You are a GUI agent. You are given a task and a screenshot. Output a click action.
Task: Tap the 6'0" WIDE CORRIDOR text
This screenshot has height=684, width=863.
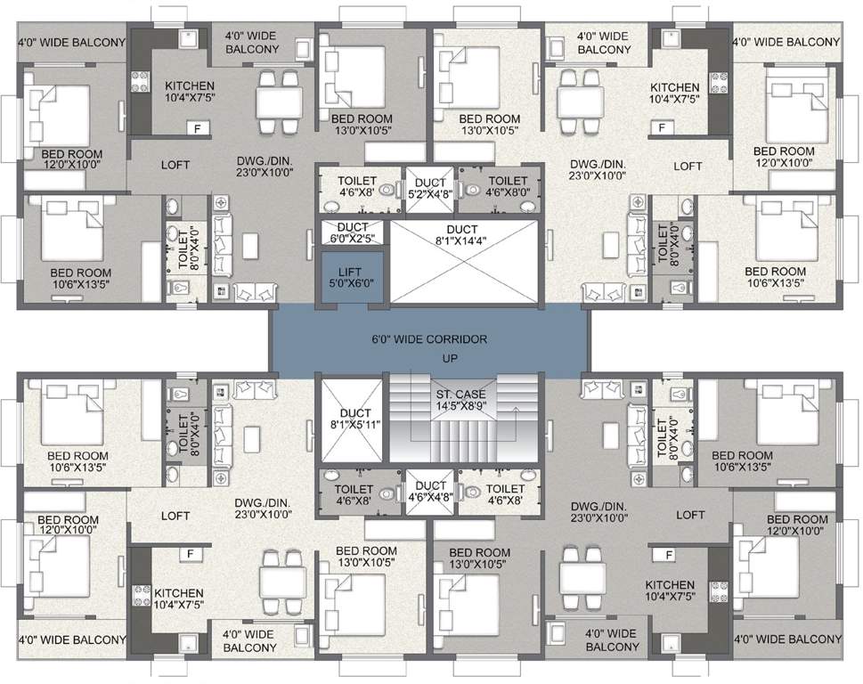click(430, 339)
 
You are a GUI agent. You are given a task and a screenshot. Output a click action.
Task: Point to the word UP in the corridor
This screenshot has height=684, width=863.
click(430, 358)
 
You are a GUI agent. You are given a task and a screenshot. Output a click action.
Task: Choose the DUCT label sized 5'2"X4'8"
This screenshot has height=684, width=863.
click(431, 183)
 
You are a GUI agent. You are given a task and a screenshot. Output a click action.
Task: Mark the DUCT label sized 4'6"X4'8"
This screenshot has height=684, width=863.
click(431, 485)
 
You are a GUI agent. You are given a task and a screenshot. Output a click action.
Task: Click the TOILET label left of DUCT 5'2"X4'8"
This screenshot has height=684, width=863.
click(357, 181)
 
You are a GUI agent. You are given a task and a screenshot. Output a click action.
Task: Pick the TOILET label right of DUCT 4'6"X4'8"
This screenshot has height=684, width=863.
click(505, 489)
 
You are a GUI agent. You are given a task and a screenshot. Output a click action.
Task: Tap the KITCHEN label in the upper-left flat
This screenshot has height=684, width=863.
click(190, 85)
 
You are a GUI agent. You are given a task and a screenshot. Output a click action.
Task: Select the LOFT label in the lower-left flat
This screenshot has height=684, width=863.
click(175, 515)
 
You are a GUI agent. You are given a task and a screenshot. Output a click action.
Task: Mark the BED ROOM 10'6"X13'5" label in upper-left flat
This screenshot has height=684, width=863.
click(80, 273)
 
